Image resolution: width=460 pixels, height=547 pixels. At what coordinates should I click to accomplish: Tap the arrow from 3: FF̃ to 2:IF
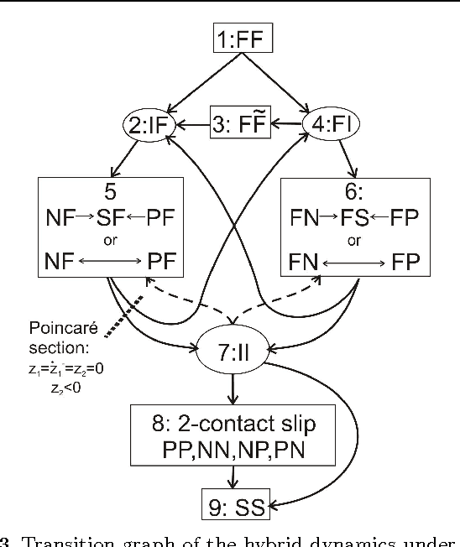[x=195, y=128]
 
